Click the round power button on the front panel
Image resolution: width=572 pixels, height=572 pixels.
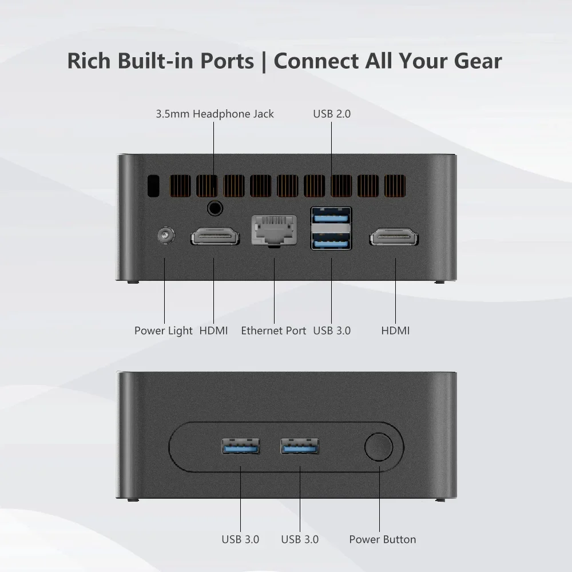point(379,447)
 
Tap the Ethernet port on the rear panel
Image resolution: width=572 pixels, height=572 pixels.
point(274,230)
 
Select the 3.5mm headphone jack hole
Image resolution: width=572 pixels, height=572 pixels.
point(214,208)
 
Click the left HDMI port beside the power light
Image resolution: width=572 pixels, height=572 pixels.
point(214,236)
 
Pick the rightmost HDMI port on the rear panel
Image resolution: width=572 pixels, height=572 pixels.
point(394,236)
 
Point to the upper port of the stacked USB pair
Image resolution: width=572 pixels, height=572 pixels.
point(331,216)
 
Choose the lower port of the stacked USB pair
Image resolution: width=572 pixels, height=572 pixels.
point(331,241)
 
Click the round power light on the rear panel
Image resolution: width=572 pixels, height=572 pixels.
point(165,236)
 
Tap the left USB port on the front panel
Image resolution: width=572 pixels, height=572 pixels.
point(240,446)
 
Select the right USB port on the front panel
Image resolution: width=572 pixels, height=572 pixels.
point(300,446)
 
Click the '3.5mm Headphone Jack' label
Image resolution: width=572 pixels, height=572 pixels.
point(214,114)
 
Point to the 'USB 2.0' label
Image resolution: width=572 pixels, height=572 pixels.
point(332,114)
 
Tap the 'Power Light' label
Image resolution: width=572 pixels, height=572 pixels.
point(164,331)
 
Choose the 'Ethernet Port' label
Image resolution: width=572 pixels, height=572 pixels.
point(273,331)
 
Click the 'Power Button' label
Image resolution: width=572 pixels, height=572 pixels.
point(382,539)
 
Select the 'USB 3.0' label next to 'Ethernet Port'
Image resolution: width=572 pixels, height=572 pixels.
point(332,331)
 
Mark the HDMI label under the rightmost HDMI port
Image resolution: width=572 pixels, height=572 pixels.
point(395,331)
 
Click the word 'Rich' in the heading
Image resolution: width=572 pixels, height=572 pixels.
point(89,61)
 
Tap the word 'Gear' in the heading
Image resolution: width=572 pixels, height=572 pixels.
point(474,61)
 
